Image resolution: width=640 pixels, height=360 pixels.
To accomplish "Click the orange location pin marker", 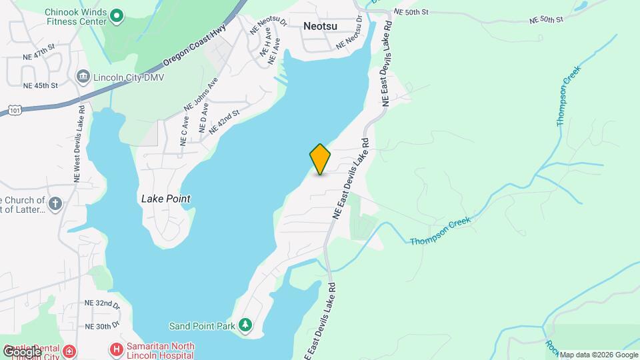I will (320, 159).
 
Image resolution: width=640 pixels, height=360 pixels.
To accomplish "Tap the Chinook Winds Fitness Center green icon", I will (117, 15).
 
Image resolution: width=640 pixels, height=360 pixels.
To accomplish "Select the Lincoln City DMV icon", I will (83, 76).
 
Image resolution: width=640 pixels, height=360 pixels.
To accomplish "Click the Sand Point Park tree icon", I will (246, 326).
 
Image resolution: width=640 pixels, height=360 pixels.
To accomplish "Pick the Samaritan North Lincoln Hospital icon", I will (117, 349).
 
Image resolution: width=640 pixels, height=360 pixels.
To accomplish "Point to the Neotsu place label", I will (320, 26).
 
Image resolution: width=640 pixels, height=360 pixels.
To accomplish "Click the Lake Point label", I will (166, 199).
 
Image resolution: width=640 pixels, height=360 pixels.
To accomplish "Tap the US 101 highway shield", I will (15, 109).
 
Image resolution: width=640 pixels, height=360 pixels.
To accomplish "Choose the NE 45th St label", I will (41, 85).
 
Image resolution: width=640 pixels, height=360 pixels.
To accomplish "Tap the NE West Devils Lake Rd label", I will (78, 144).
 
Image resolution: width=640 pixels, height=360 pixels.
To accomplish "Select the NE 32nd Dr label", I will (102, 303).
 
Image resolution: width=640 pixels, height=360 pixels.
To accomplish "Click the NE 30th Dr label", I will (102, 326).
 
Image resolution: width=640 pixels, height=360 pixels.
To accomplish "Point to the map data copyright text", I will (598, 355).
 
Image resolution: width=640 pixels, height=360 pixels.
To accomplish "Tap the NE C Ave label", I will (184, 133).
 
